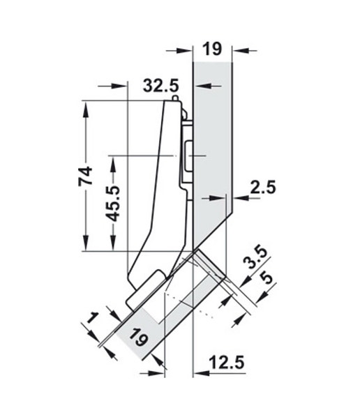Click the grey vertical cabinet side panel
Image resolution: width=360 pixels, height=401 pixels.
[213, 139]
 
